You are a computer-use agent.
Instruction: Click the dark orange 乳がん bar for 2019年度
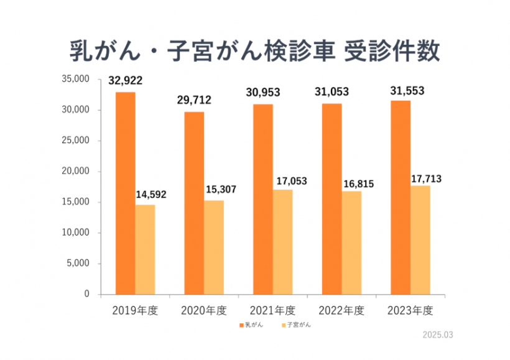pyautogui.click(x=125, y=193)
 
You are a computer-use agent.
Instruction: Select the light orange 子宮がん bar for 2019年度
pyautogui.click(x=145, y=249)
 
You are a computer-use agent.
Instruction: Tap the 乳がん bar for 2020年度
pyautogui.click(x=194, y=203)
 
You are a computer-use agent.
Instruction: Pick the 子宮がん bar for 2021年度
pyautogui.click(x=282, y=242)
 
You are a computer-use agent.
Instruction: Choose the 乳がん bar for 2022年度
pyautogui.click(x=331, y=198)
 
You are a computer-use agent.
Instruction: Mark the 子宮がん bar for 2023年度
pyautogui.click(x=420, y=239)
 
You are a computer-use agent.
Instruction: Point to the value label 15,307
pyautogui.click(x=220, y=189)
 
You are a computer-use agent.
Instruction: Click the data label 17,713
pyautogui.click(x=427, y=180)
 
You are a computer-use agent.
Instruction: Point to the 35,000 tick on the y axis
pyautogui.click(x=77, y=80)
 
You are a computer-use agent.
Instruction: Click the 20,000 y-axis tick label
pyautogui.click(x=77, y=172)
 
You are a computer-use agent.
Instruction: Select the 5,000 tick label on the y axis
pyautogui.click(x=80, y=264)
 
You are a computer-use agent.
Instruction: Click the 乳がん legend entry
pyautogui.click(x=251, y=325)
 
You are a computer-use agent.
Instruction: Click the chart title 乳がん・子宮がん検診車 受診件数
pyautogui.click(x=254, y=51)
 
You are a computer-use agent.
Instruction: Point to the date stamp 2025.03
pyautogui.click(x=438, y=335)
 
